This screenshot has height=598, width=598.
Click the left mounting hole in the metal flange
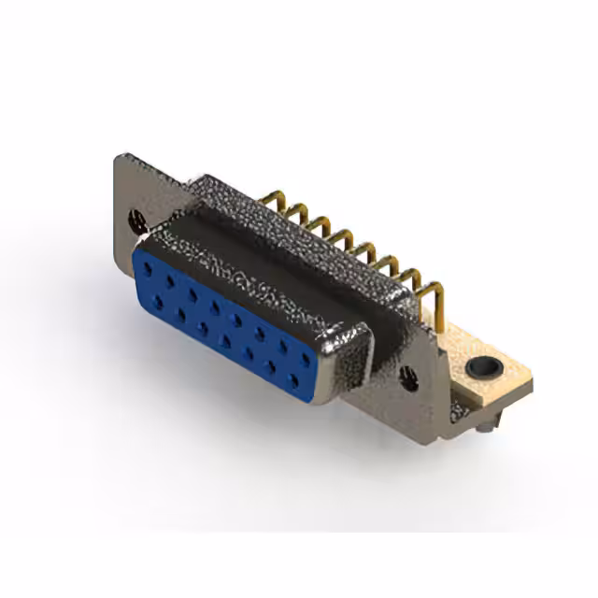point(137,221)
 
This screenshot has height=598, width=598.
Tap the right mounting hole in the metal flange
point(408,377)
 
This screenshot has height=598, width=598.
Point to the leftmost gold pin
point(272,199)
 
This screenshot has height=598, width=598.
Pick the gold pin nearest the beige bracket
point(432,292)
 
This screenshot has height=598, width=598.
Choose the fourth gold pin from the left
point(342,238)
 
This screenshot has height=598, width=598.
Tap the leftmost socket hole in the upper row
point(147,268)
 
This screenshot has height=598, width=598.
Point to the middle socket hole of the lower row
point(225,339)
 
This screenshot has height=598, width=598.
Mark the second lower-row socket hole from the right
point(271,366)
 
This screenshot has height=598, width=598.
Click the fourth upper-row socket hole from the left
point(215,306)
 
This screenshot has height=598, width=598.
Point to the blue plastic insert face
point(224,322)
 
